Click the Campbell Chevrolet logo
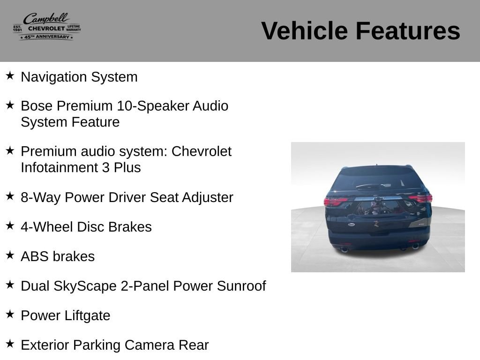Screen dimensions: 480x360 [x=47, y=26]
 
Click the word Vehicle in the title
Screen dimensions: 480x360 [x=304, y=30]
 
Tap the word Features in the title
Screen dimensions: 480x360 [x=408, y=30]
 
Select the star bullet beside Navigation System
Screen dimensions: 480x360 [x=10, y=75]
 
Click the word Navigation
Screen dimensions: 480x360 [x=54, y=77]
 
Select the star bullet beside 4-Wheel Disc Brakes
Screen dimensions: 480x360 [x=10, y=225]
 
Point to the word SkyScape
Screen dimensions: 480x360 [x=85, y=286]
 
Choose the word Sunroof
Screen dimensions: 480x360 [x=241, y=286]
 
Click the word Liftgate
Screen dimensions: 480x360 [x=87, y=315]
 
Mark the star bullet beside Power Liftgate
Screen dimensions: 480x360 [x=10, y=314]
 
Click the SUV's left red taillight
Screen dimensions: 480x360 [x=335, y=202]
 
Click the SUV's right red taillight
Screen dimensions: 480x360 [x=421, y=198]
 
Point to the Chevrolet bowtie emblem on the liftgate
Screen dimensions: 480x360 [x=378, y=199]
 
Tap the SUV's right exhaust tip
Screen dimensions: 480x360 [x=415, y=246]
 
